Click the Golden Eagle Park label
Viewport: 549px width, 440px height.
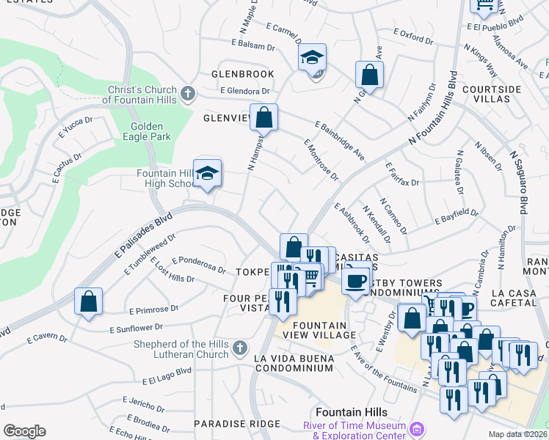(x=147, y=131)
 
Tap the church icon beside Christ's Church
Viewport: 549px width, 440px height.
(x=188, y=93)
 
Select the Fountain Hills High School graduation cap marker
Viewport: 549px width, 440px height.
(x=208, y=173)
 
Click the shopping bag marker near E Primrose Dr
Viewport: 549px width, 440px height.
(x=88, y=301)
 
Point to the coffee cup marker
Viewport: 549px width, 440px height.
(x=356, y=280)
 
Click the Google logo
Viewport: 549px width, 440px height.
(x=24, y=431)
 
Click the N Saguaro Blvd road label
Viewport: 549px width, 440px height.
(x=519, y=183)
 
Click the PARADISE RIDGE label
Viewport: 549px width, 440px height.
(x=228, y=424)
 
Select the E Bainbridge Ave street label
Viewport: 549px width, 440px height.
(x=339, y=140)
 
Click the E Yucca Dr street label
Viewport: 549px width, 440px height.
(x=76, y=129)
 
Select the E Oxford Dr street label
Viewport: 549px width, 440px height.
(x=415, y=33)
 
